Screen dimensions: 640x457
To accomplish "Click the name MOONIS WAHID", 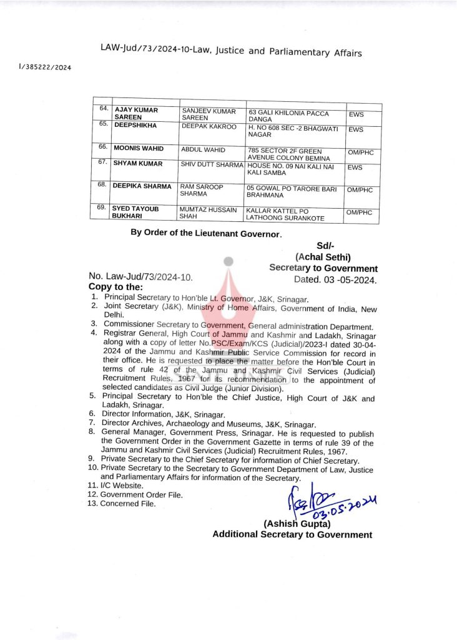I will [x=139, y=149].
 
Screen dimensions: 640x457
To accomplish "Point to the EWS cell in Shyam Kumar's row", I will [x=356, y=167].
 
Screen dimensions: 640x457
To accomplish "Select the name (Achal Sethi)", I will [x=323, y=257].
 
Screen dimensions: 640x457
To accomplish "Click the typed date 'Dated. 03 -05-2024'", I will [x=335, y=280].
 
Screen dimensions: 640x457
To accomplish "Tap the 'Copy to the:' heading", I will [x=116, y=286].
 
